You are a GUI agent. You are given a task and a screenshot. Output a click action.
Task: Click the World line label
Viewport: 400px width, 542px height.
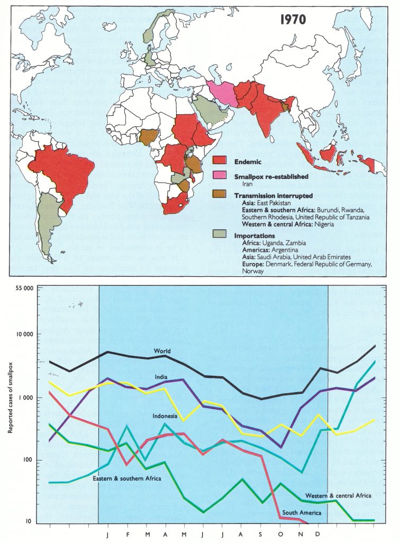pos(162,351)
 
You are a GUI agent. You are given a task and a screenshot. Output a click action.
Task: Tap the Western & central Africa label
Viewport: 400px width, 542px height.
pos(338,496)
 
